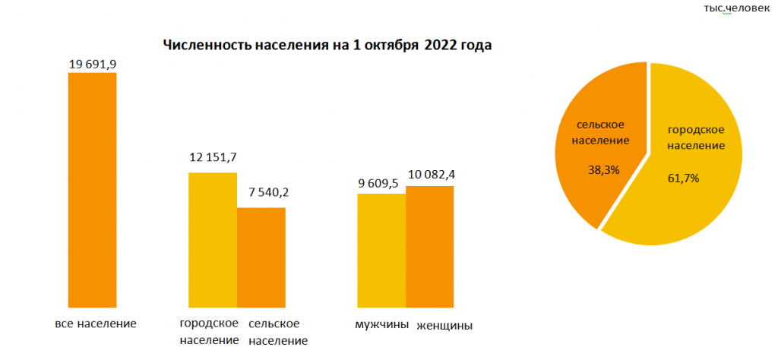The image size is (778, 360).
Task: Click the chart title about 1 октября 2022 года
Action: (327, 45)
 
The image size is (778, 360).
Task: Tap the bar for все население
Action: (92, 190)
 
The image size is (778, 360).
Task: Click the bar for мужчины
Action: (381, 250)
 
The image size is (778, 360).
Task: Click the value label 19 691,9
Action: (92, 64)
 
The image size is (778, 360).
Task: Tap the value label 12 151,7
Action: (212, 157)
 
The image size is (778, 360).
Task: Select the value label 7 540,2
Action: (263, 192)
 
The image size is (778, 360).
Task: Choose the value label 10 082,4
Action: (431, 175)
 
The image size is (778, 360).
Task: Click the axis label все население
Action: (96, 324)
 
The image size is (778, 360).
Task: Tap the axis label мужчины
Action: (381, 325)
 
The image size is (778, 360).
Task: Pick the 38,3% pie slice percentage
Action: (604, 170)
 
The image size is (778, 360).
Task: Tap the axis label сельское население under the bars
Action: (278, 332)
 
